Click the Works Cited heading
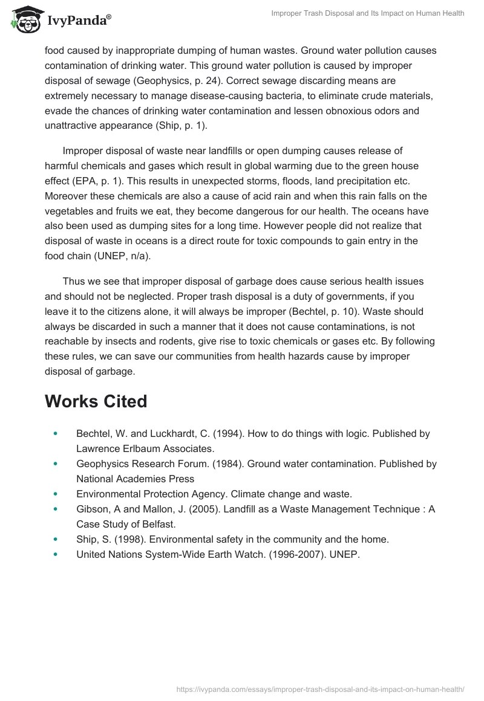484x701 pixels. pyautogui.click(x=96, y=401)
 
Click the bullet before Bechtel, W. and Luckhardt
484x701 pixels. pyautogui.click(x=56, y=434)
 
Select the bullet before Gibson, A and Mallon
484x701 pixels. pyautogui.click(x=56, y=509)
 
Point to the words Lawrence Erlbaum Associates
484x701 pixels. pyautogui.click(x=145, y=449)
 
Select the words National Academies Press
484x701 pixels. pyautogui.click(x=135, y=479)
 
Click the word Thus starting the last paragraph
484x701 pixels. pyautogui.click(x=73, y=282)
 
